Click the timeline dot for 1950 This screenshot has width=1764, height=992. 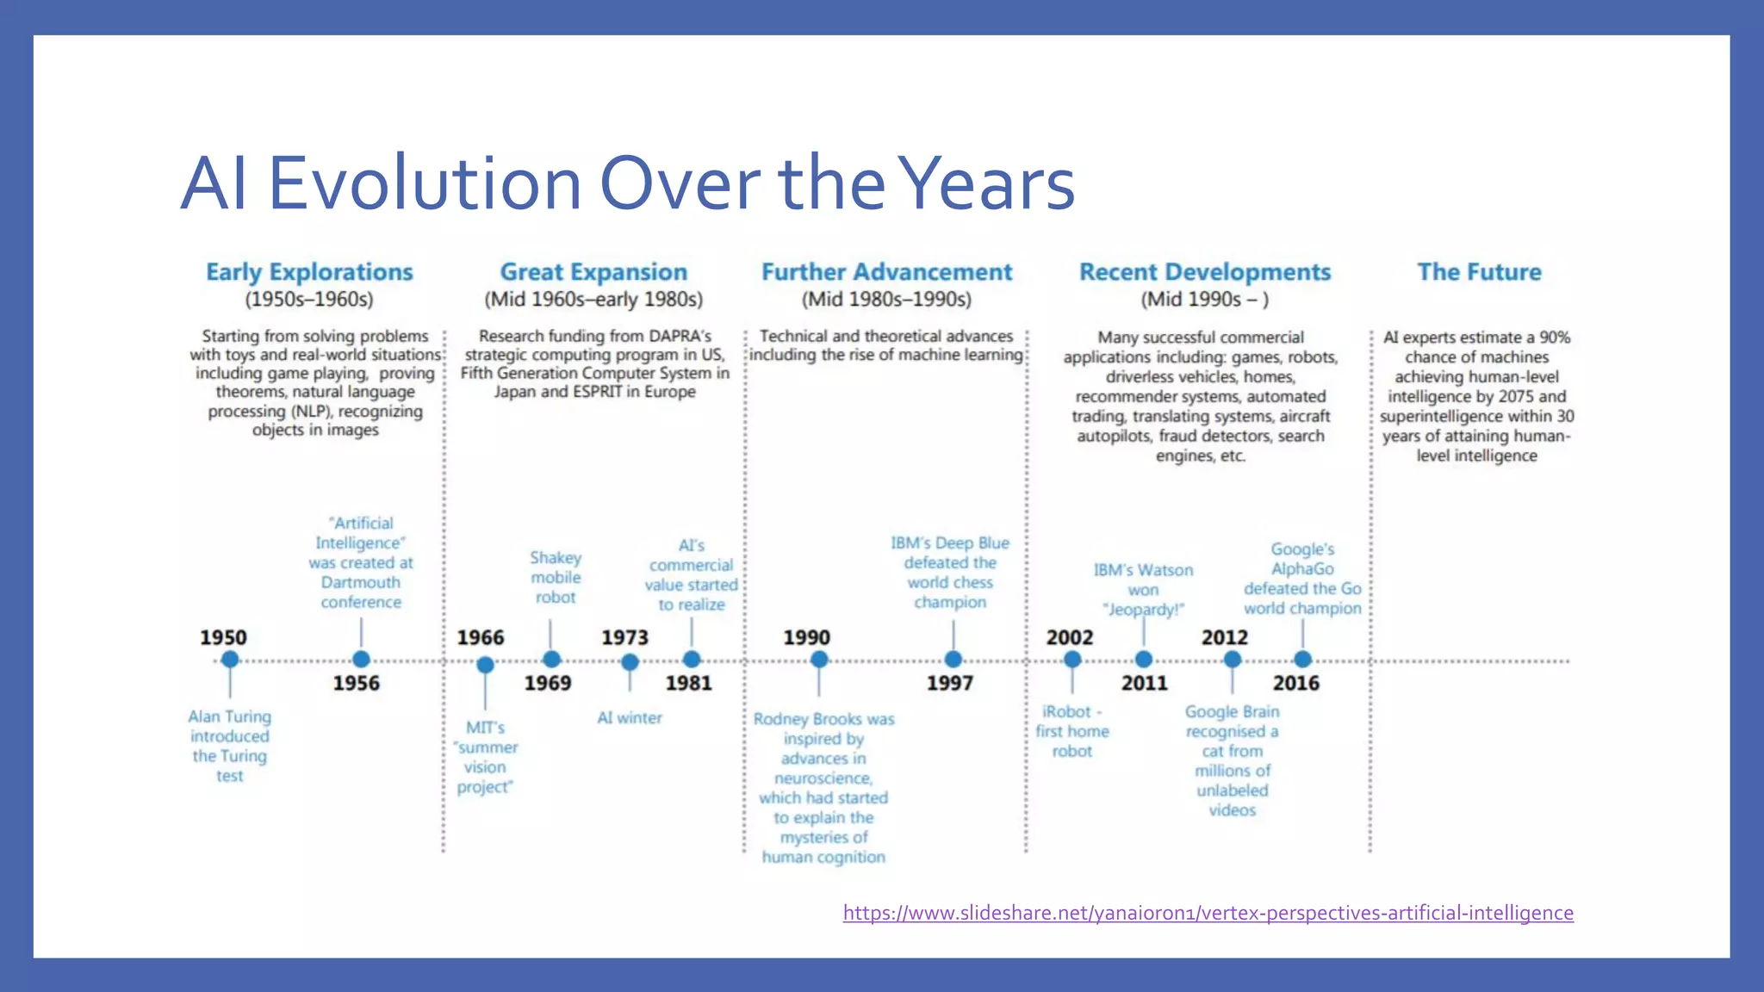(x=229, y=660)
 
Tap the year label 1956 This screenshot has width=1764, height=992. (x=356, y=684)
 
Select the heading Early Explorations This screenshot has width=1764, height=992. (x=309, y=272)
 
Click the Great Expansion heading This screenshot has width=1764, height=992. (x=593, y=272)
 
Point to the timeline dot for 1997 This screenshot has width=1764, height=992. (x=953, y=660)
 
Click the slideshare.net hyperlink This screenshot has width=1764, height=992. (x=1208, y=913)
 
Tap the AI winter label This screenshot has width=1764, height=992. (x=630, y=717)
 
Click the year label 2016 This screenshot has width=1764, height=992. (x=1295, y=684)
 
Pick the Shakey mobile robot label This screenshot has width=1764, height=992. (x=556, y=578)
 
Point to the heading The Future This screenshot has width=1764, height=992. (x=1479, y=272)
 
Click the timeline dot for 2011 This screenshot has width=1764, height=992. (x=1143, y=660)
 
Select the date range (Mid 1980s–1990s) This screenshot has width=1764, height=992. (x=886, y=300)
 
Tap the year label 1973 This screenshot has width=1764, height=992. (x=624, y=638)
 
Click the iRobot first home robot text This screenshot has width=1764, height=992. (x=1071, y=731)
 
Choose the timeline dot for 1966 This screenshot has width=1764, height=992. (x=485, y=665)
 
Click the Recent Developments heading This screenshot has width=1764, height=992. (x=1204, y=272)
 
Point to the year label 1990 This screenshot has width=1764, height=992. (x=806, y=638)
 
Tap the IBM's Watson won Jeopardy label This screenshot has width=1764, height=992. (x=1143, y=590)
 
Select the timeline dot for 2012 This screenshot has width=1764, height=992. (x=1232, y=660)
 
